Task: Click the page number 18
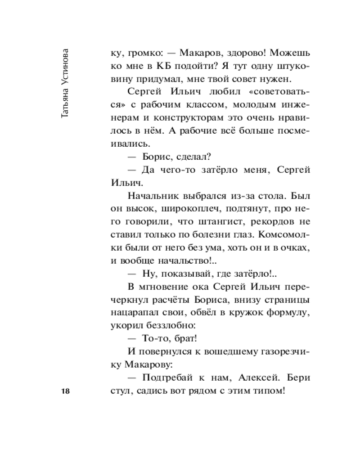(x=65, y=391)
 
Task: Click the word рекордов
(x=272, y=224)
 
